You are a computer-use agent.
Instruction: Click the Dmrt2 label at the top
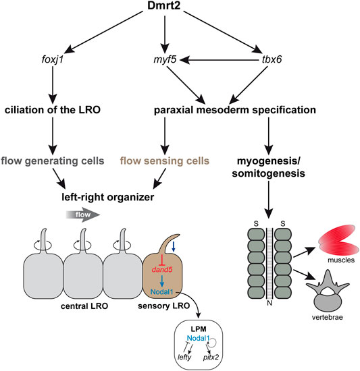tap(163, 5)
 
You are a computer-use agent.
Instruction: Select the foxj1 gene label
tap(53, 59)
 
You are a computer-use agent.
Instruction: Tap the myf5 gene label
tap(165, 59)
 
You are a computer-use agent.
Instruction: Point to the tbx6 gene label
tap(272, 59)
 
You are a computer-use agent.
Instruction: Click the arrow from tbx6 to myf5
tap(219, 60)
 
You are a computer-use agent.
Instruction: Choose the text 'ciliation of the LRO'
tap(53, 110)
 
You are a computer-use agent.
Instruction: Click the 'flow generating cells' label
tap(53, 161)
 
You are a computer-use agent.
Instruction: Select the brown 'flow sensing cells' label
tap(165, 161)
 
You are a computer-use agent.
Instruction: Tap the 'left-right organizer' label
tap(108, 197)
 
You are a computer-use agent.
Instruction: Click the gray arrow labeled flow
tap(83, 215)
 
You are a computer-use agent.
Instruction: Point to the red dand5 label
tap(162, 270)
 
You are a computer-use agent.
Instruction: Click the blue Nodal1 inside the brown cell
tap(161, 291)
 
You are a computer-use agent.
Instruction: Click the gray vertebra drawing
tap(328, 291)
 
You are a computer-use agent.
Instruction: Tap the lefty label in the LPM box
tap(184, 357)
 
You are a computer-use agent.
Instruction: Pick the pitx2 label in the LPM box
tap(211, 357)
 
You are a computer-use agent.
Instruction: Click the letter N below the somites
tap(269, 303)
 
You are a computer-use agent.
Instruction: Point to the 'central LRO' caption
tap(84, 306)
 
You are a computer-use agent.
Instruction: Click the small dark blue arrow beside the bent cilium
tap(174, 246)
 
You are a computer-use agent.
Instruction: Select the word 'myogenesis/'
tap(269, 161)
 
